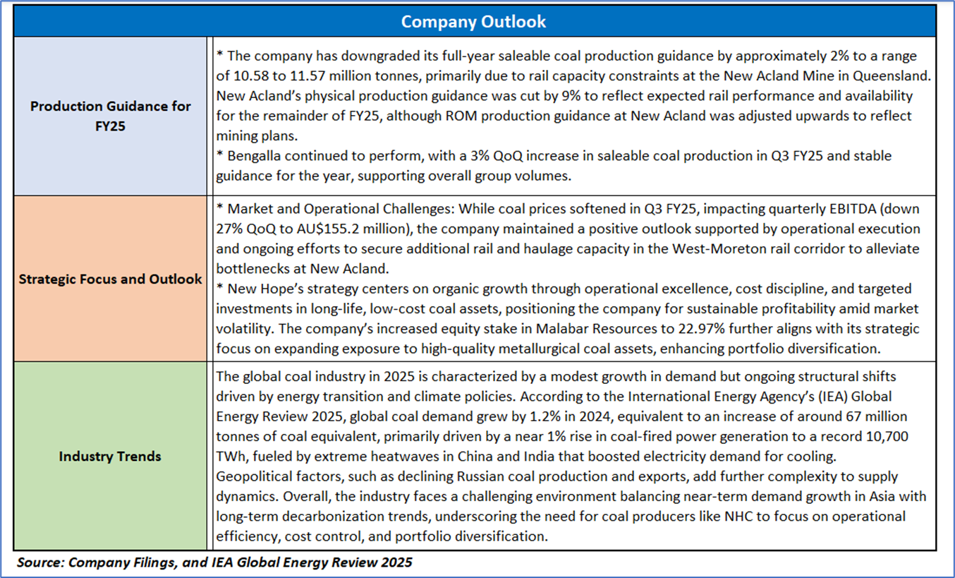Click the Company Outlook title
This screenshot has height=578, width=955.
click(x=473, y=21)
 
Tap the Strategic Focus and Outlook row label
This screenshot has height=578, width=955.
click(x=110, y=279)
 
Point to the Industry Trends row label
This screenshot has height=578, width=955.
click(x=110, y=456)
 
